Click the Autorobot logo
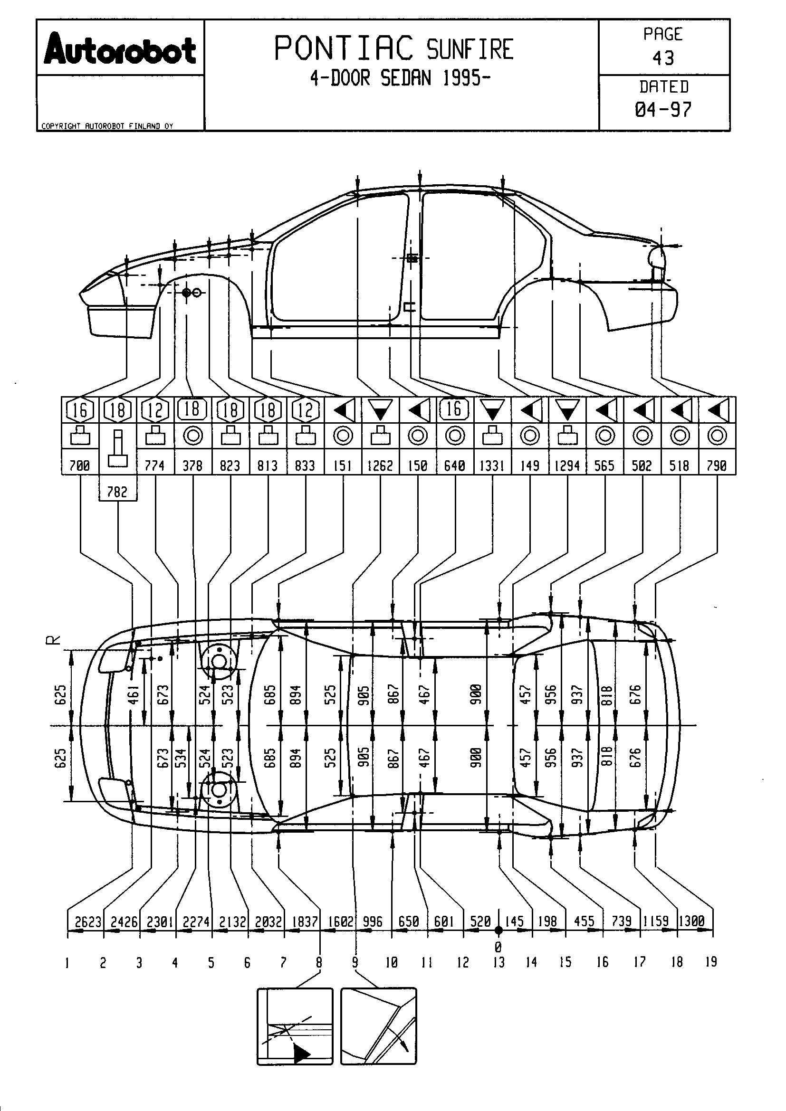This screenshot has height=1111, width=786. tap(120, 49)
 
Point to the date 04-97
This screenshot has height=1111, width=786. tap(663, 110)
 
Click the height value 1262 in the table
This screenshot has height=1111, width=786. tap(381, 466)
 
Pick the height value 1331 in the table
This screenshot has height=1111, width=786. tap(493, 466)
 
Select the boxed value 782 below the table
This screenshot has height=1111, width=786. tap(117, 492)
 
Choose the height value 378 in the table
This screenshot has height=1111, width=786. tap(192, 466)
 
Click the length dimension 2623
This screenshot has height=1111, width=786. tap(88, 922)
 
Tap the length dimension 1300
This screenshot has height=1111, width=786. tap(692, 921)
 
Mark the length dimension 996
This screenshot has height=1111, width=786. tap(373, 922)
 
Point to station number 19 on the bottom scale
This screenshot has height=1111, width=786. tap(711, 962)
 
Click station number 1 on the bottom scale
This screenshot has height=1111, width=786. tap(67, 963)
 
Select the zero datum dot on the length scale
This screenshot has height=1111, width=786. tap(498, 930)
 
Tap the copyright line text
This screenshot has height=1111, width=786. tap(107, 126)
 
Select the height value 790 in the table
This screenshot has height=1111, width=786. tap(717, 466)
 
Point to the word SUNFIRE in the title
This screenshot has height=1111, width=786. tap(470, 49)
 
